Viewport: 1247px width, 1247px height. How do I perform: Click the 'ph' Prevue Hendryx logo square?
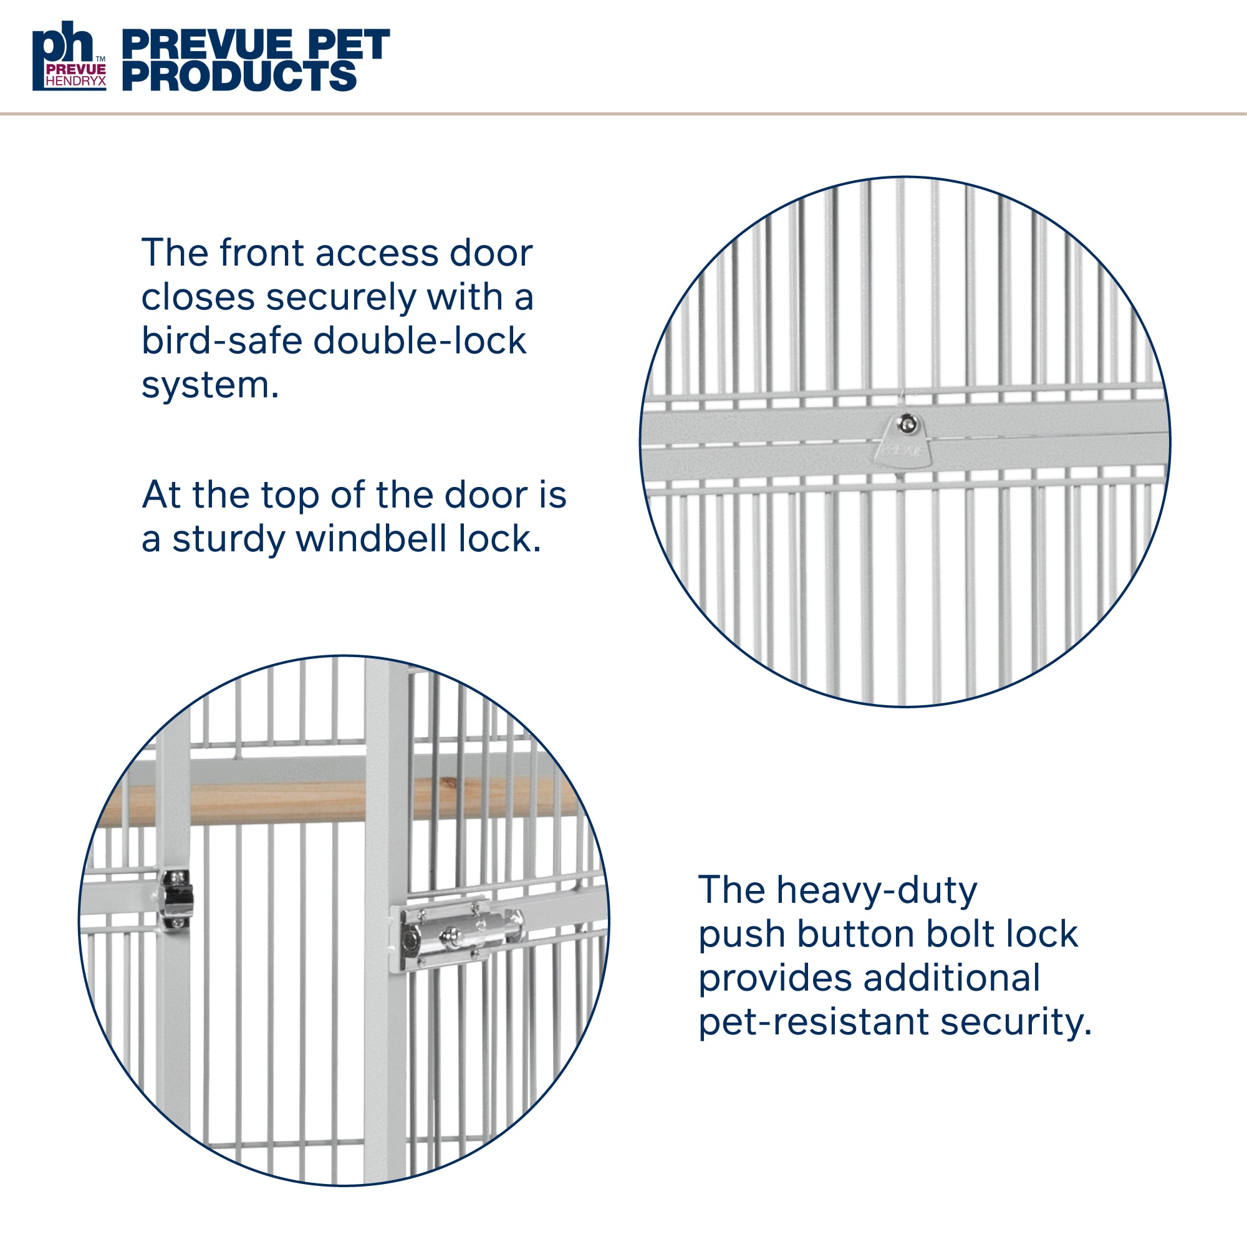(70, 56)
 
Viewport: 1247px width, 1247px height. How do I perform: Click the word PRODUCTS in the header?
(239, 76)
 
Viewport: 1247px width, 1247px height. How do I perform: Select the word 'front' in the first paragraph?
(261, 253)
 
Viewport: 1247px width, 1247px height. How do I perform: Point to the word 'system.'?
(209, 386)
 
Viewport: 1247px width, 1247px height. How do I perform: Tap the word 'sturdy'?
(228, 540)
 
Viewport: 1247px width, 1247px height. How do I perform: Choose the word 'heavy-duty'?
(877, 892)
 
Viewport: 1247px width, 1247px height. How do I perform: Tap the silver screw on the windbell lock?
(907, 423)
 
